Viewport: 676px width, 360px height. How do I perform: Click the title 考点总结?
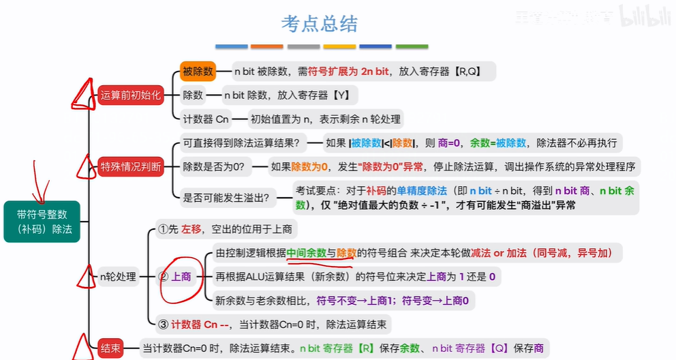point(319,24)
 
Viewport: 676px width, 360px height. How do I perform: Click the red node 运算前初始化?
point(131,95)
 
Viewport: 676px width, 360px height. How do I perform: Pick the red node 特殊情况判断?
point(131,166)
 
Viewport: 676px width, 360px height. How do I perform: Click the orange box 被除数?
point(198,71)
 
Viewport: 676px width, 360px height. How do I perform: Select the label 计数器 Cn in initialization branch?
point(205,119)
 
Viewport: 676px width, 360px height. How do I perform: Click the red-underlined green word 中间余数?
point(307,253)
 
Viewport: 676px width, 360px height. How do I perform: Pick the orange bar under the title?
point(266,46)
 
